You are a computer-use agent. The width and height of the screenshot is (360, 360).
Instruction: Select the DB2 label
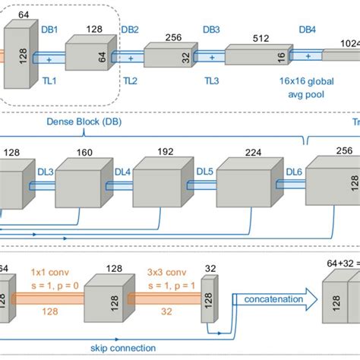(130, 29)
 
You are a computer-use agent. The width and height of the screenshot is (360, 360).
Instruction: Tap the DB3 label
(212, 29)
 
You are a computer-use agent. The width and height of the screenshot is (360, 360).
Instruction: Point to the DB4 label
(306, 29)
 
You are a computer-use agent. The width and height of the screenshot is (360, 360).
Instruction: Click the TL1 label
(48, 78)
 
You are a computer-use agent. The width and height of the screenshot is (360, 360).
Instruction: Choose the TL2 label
(130, 78)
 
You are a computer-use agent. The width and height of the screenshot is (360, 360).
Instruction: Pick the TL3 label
(212, 78)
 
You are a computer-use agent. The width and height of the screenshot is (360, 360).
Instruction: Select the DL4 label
(121, 172)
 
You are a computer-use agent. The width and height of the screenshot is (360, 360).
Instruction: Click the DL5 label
(205, 172)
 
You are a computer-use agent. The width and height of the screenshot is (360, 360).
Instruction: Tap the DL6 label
(295, 172)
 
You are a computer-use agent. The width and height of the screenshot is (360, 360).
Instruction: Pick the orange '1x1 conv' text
(47, 270)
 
